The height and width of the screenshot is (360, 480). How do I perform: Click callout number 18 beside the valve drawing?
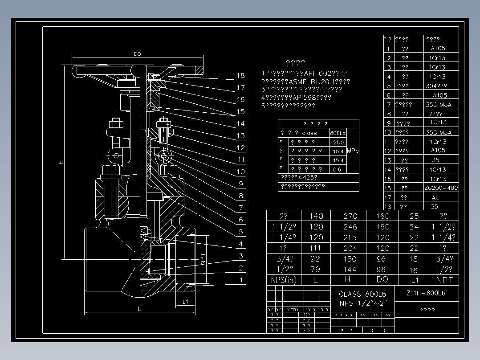pyautogui.click(x=241, y=76)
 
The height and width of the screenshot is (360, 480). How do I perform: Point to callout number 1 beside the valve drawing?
pyautogui.click(x=241, y=280)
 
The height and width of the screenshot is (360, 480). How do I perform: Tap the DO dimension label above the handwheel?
pyautogui.click(x=138, y=54)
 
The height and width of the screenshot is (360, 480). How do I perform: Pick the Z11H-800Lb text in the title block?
pyautogui.click(x=426, y=293)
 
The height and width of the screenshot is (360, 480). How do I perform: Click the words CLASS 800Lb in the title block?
pyautogui.click(x=362, y=294)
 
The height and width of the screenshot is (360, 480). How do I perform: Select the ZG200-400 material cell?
pyautogui.click(x=441, y=188)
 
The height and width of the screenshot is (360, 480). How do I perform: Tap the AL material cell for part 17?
pyautogui.click(x=435, y=197)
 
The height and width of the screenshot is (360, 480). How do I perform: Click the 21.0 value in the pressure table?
pyautogui.click(x=338, y=143)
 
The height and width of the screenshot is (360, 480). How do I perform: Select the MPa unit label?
pyautogui.click(x=353, y=151)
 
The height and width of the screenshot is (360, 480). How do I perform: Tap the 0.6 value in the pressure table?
pyautogui.click(x=338, y=169)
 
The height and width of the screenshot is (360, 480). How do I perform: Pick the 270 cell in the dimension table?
pyautogui.click(x=350, y=216)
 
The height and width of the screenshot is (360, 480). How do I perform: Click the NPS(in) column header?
pyautogui.click(x=284, y=280)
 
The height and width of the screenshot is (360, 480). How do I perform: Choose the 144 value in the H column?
pyautogui.click(x=350, y=270)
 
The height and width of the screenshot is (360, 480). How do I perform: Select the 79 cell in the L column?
pyautogui.click(x=316, y=270)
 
